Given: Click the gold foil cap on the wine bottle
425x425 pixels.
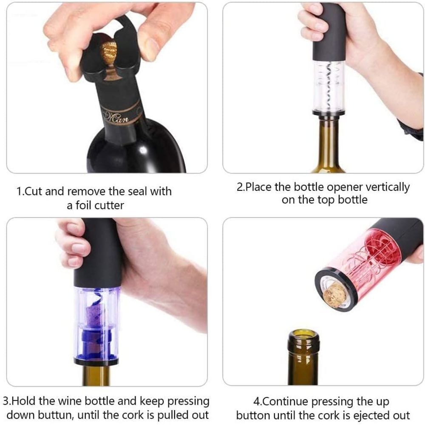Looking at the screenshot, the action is coord(109,53).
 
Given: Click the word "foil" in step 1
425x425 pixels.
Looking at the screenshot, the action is coord(83,205).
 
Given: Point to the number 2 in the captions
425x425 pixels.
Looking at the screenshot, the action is coord(240,187).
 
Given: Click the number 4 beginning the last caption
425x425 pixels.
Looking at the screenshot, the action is coord(256,402).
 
